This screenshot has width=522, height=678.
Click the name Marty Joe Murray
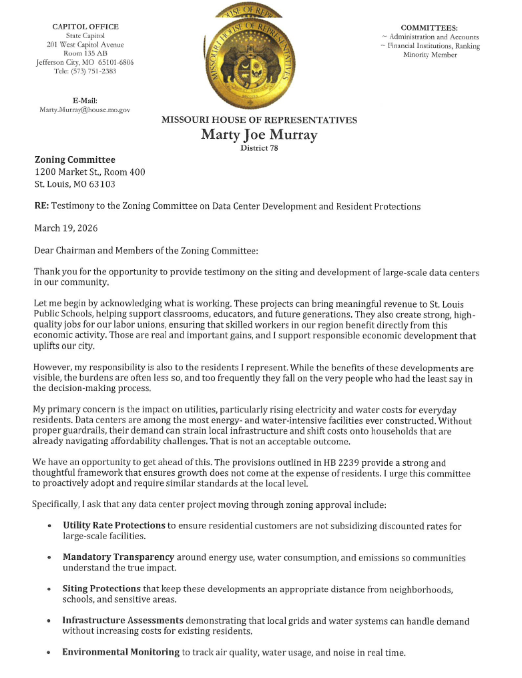[x=259, y=135]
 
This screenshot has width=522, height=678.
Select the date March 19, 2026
[x=66, y=228]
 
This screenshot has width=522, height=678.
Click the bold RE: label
[x=41, y=206]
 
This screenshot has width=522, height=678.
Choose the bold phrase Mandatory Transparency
[x=118, y=557]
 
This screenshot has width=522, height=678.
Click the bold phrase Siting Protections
[x=101, y=589]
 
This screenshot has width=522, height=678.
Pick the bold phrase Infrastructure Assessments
[x=123, y=621]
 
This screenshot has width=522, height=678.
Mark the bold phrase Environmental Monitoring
[x=121, y=652]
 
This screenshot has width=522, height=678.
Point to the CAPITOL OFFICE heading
[x=85, y=27]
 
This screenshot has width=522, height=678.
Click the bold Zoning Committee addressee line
[x=75, y=159]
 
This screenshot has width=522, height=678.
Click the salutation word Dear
[x=45, y=251]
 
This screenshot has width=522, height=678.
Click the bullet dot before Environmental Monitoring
[x=50, y=653]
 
